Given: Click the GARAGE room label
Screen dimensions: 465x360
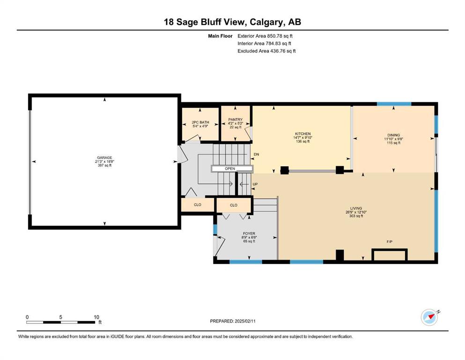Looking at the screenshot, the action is (104, 157).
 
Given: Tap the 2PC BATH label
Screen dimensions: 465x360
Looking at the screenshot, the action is (200, 122).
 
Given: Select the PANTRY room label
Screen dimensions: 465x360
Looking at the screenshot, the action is (235, 120).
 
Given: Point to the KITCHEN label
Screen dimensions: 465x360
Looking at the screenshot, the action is (303, 134).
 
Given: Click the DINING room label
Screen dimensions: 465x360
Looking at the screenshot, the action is (393, 135).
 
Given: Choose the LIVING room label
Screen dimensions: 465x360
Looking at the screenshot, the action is (356, 208).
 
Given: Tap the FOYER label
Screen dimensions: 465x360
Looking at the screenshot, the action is (249, 233).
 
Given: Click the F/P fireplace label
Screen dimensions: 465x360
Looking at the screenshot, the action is (390, 242).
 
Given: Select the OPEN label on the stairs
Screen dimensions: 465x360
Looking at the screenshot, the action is (230, 169).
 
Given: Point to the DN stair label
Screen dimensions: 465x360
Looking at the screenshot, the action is (256, 154).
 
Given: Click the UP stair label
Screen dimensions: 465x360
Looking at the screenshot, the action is (255, 184).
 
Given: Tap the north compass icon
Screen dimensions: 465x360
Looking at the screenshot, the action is (430, 317).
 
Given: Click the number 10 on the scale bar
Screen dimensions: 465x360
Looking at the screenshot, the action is (96, 317).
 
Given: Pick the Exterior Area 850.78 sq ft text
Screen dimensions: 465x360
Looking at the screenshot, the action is (265, 36).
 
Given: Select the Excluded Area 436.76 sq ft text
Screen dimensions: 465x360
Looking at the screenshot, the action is (266, 51).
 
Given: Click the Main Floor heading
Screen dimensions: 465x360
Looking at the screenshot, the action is (220, 36).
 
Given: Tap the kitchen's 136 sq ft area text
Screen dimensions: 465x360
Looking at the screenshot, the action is (303, 142).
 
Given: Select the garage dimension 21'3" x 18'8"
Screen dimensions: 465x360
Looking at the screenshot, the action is (104, 161).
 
